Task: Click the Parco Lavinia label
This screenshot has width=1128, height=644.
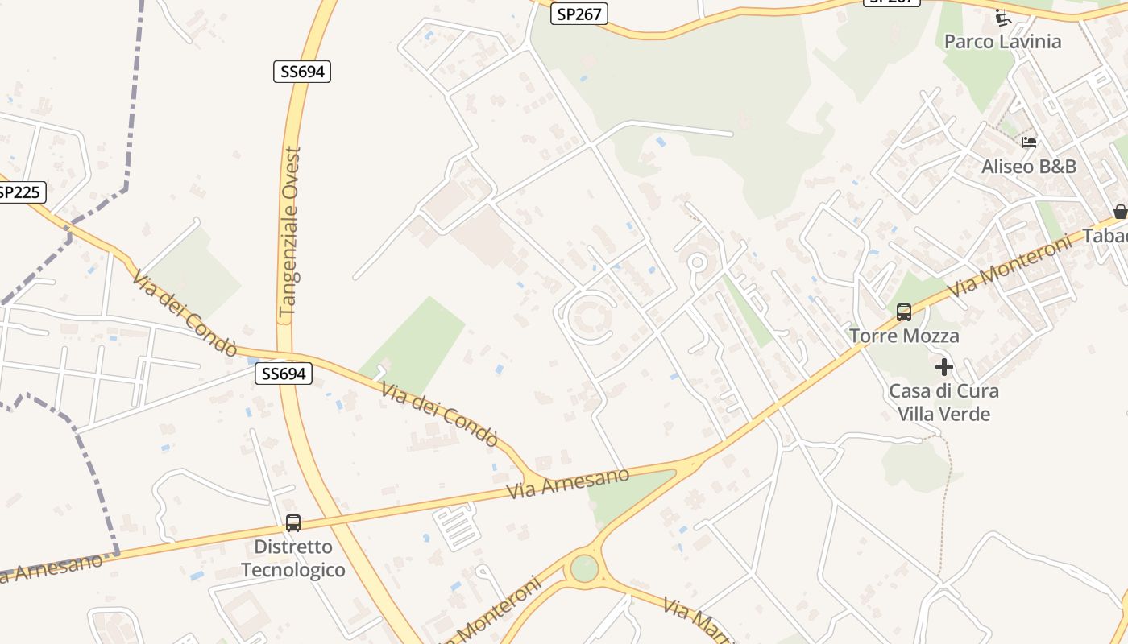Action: [1002, 42]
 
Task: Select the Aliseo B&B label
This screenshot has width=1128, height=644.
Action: [1029, 167]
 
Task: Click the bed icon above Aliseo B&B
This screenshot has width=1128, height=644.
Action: [1029, 142]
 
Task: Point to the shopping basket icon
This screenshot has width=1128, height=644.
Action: [1120, 212]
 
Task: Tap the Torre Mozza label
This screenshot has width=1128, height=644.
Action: [904, 336]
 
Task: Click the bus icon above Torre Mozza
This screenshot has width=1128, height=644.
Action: [904, 312]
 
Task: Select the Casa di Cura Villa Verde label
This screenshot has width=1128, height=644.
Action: [943, 402]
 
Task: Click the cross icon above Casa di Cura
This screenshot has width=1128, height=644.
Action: [943, 368]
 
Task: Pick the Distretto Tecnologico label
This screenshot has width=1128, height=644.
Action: [293, 559]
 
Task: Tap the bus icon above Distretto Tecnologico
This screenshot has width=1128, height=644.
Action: [293, 523]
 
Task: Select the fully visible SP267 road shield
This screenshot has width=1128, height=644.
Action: [579, 14]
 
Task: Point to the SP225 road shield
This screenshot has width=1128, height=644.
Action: [20, 192]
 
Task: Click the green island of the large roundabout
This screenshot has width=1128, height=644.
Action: [584, 568]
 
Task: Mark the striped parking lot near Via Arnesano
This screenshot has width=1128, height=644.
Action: [457, 525]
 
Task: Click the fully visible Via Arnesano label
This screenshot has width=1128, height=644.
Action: [568, 483]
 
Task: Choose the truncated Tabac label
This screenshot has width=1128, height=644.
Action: [1106, 237]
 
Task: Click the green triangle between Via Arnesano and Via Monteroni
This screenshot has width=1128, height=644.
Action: [632, 493]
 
